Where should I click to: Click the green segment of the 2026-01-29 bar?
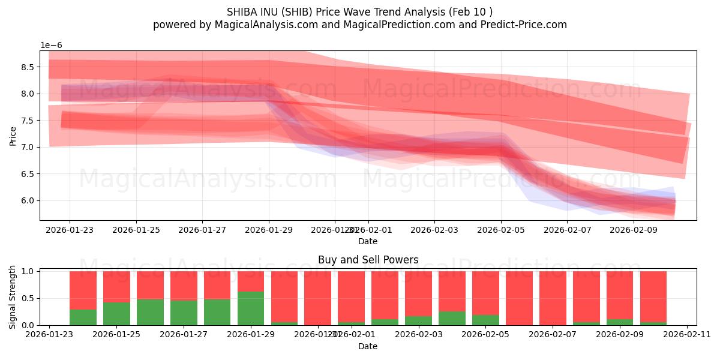251,308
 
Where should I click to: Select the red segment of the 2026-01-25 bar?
116,286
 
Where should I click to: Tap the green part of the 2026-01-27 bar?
184,313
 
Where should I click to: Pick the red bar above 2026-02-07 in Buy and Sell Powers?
553,298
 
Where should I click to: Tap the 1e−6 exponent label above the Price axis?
51,46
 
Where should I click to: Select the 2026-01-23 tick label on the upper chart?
70,229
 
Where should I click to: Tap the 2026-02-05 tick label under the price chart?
502,229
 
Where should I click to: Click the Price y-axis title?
13,136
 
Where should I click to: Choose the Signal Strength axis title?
13,298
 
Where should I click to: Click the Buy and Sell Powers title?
368,260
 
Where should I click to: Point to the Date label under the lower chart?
368,346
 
